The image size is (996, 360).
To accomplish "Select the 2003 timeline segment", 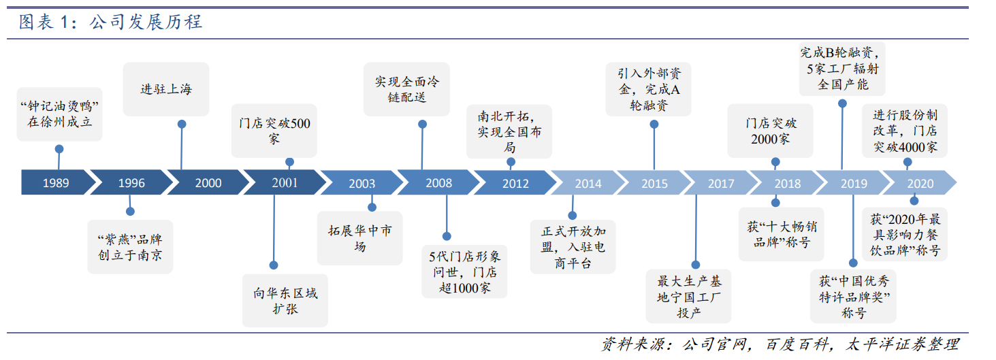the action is coord(362,182).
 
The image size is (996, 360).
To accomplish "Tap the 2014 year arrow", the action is coord(588,183).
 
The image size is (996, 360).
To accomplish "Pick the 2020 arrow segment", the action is coord(920,183).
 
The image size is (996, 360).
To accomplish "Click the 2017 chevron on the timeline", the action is coord(720,183).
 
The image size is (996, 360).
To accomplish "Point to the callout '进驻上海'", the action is coord(166,89).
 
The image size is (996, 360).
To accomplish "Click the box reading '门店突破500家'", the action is coord(274,131).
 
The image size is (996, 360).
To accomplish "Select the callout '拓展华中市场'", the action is coord(359,238).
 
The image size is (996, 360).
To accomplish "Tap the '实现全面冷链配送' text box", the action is coord(406,89).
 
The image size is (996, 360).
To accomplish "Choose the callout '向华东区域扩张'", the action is coord(285,300).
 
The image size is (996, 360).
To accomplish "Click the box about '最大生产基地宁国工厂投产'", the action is coord(688,296).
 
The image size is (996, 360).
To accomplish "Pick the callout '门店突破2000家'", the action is coord(770,131).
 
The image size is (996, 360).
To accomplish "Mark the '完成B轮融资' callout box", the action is coord(842,69).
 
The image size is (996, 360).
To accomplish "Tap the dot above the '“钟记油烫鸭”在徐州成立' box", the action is coord(59,149).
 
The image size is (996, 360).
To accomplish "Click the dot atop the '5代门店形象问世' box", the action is coord(447,236).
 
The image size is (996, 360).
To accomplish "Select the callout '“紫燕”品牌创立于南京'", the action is coord(130,246).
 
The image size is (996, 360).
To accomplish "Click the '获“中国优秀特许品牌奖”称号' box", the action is coord(853,296).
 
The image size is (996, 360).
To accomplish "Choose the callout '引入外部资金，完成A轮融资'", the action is coord(648,89).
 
